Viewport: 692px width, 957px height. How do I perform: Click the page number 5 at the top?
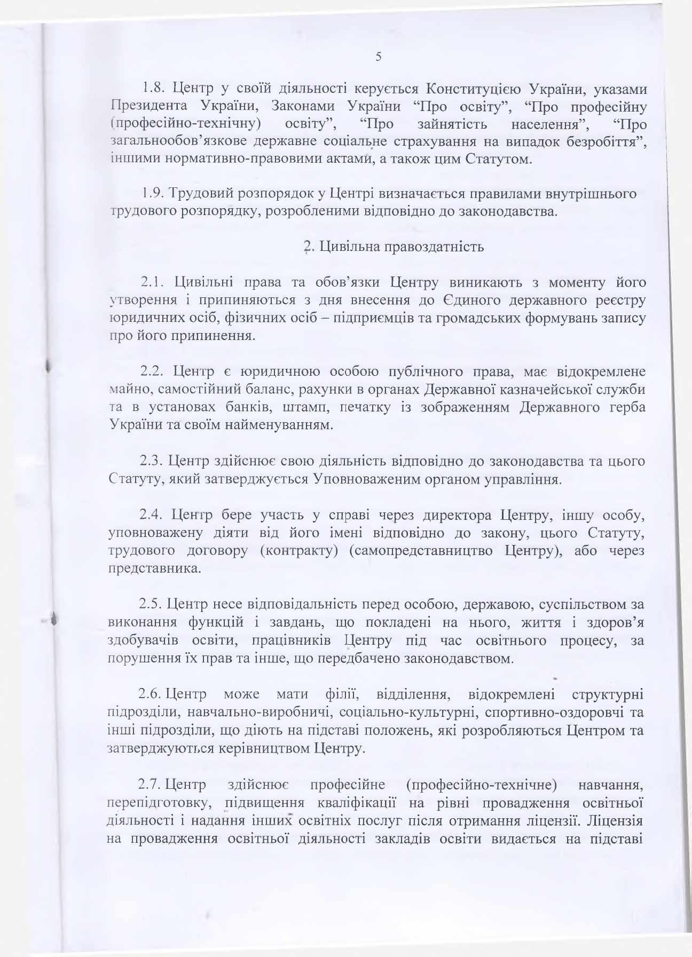(378, 57)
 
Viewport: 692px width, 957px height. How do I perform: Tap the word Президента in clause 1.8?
(145, 106)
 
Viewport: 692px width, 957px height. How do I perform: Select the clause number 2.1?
(153, 281)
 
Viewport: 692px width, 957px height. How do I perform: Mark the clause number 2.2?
(153, 371)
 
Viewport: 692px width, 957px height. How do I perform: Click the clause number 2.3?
(153, 461)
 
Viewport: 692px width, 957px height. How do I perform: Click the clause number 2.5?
(152, 605)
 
